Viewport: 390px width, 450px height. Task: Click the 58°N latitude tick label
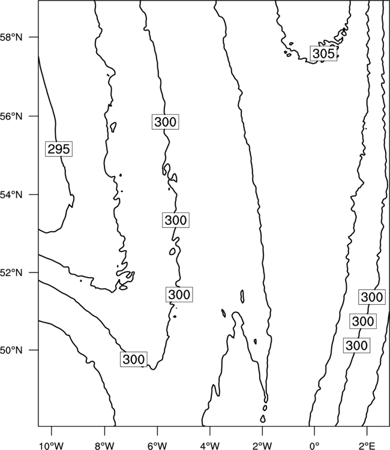(11, 37)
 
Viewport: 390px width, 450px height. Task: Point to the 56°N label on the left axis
(11, 116)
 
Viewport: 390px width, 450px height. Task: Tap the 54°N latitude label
(11, 195)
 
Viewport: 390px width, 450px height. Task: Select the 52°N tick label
(11, 272)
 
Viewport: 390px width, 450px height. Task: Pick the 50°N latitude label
(11, 350)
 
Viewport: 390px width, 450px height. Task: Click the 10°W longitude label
(52, 446)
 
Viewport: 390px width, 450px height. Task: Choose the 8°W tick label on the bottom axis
(104, 446)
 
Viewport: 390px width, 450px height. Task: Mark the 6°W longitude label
(157, 446)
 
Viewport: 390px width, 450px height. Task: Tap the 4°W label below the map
(210, 446)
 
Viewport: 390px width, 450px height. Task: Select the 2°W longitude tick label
(262, 446)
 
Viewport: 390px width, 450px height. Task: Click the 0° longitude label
(314, 446)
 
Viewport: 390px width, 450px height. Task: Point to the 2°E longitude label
(367, 446)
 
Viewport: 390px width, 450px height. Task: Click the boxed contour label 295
(59, 149)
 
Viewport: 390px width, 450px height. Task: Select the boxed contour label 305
(323, 53)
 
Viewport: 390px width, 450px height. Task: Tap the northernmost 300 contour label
(165, 122)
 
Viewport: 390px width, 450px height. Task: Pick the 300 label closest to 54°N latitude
(176, 220)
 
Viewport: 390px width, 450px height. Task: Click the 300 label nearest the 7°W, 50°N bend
(133, 359)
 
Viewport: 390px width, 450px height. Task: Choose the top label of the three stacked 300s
(372, 297)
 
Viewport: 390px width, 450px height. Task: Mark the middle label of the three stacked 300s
(363, 321)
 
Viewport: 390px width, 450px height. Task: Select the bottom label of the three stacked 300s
(357, 345)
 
